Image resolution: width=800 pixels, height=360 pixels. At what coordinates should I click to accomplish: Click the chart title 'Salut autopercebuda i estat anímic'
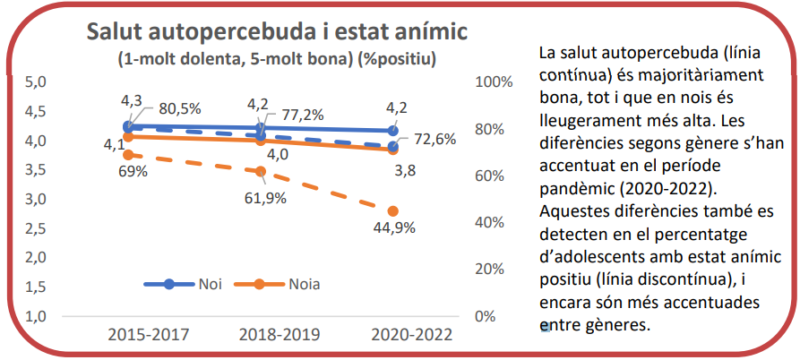pos(277,33)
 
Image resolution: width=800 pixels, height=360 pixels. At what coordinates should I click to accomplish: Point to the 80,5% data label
pos(180,108)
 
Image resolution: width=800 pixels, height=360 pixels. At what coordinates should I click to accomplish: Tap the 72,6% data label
pos(435,139)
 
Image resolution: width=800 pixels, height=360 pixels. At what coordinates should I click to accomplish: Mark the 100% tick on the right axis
pos(493,82)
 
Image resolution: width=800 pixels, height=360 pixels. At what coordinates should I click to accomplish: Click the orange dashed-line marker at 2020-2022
pos(393,211)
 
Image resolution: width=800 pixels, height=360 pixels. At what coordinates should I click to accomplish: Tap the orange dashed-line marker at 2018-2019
pos(261,171)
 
